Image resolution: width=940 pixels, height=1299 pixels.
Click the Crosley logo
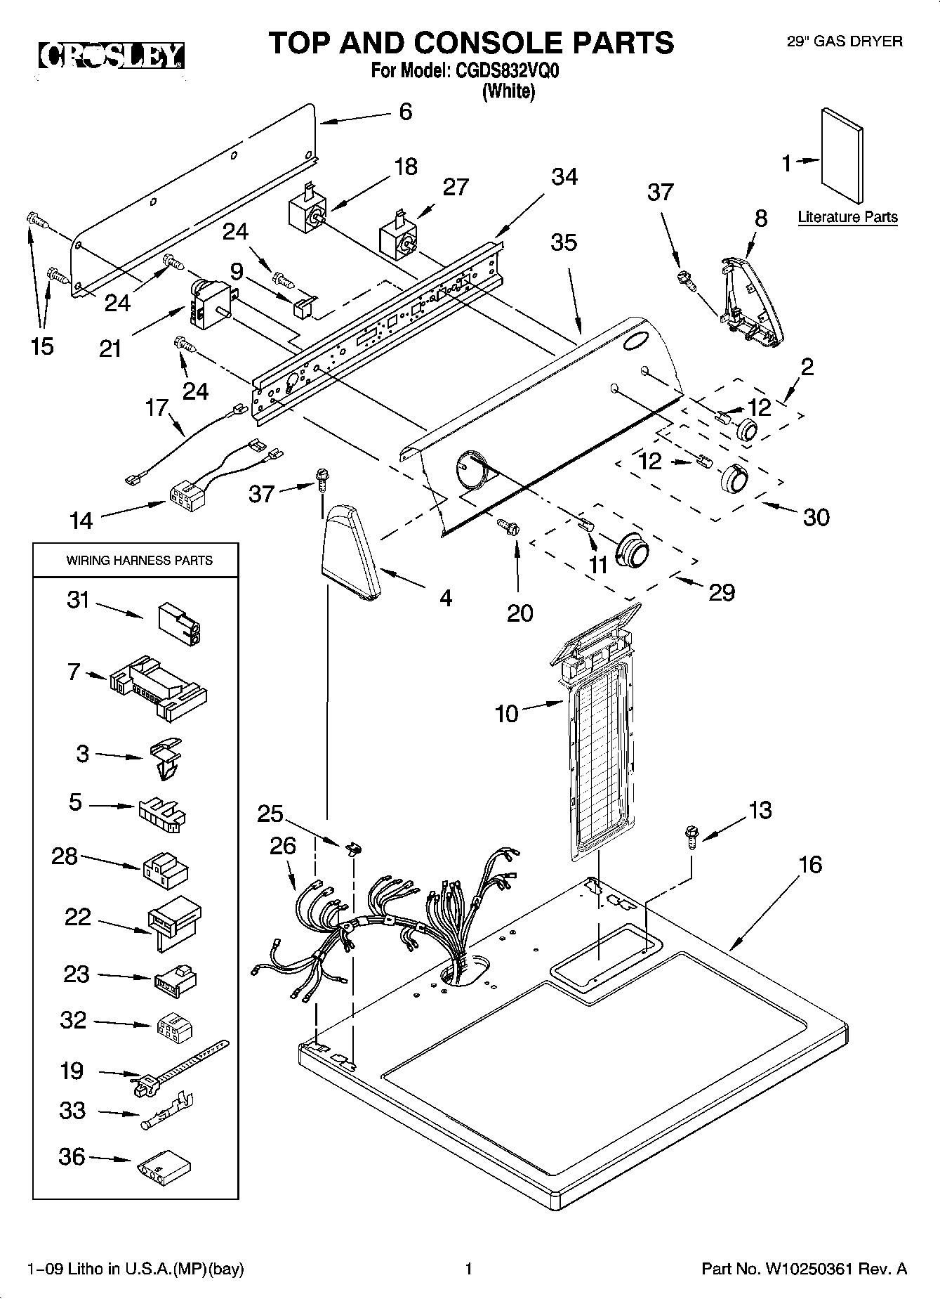111,56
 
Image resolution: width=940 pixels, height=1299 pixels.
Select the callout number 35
564,242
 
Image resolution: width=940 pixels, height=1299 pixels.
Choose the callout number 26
282,845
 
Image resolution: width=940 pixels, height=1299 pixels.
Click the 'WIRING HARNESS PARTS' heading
139,561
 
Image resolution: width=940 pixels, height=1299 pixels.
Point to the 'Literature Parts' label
847,217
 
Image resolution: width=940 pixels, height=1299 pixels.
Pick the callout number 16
810,864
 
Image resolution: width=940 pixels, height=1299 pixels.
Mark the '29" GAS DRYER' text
844,41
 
